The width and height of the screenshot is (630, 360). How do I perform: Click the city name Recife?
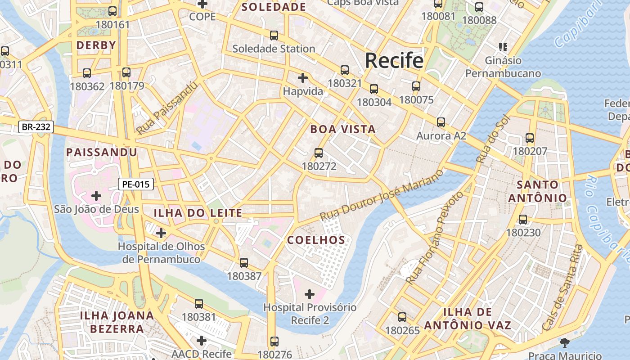pos(394,60)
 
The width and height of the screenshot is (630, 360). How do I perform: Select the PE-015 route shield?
pos(136,184)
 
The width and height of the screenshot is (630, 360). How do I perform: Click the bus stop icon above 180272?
pos(319,153)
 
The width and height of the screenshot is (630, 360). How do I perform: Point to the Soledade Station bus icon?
pos(274,36)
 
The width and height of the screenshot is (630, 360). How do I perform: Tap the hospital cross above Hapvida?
pos(303,78)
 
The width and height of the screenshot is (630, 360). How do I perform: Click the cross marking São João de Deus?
pos(96,196)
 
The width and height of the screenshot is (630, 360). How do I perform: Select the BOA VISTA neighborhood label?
pos(343,130)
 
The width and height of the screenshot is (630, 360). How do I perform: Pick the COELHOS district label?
pos(316,240)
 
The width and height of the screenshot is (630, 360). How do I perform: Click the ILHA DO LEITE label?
pos(198,213)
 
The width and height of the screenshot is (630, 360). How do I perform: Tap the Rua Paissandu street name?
pos(167,108)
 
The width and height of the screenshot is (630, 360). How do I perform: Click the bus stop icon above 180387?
pos(244,263)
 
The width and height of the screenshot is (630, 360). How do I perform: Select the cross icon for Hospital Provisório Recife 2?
pos(310,294)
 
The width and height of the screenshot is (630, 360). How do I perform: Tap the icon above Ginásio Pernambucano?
pos(503,47)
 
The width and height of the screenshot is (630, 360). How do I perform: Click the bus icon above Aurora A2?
pos(441,122)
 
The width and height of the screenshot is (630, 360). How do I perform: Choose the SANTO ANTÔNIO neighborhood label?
pos(538,191)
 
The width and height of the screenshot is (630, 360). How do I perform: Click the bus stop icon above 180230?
pos(523,220)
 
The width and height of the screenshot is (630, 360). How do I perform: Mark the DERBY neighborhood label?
pos(96,45)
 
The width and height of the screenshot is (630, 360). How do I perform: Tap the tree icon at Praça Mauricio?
pos(564,343)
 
